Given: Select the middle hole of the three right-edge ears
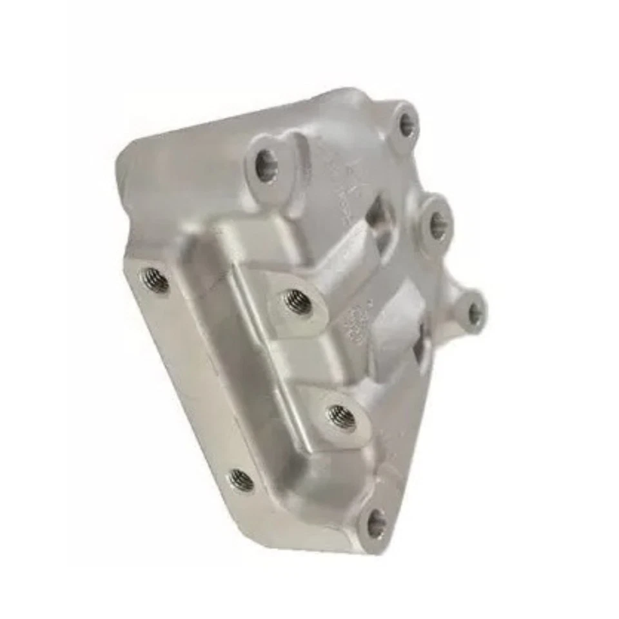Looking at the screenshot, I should point(438,225).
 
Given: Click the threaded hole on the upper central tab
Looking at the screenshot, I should point(298,301).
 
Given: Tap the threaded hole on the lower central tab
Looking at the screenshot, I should point(342,417).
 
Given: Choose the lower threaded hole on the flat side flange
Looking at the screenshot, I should point(242,479).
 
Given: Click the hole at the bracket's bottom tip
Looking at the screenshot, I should point(376,523).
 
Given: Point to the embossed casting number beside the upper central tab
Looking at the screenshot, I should point(353,322).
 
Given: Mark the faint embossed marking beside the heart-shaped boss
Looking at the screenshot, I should point(335,174).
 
